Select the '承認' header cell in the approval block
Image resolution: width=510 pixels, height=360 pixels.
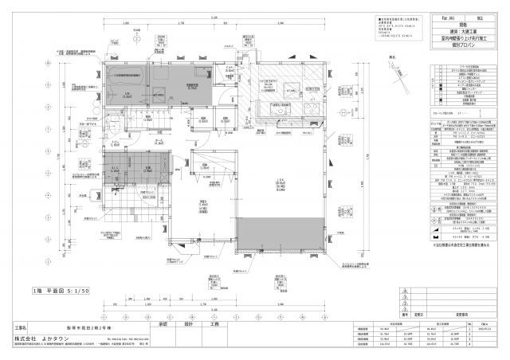[x=165, y=325]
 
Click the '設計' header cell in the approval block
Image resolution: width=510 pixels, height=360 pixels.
[x=189, y=325]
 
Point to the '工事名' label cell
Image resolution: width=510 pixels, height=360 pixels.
[x=21, y=327]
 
